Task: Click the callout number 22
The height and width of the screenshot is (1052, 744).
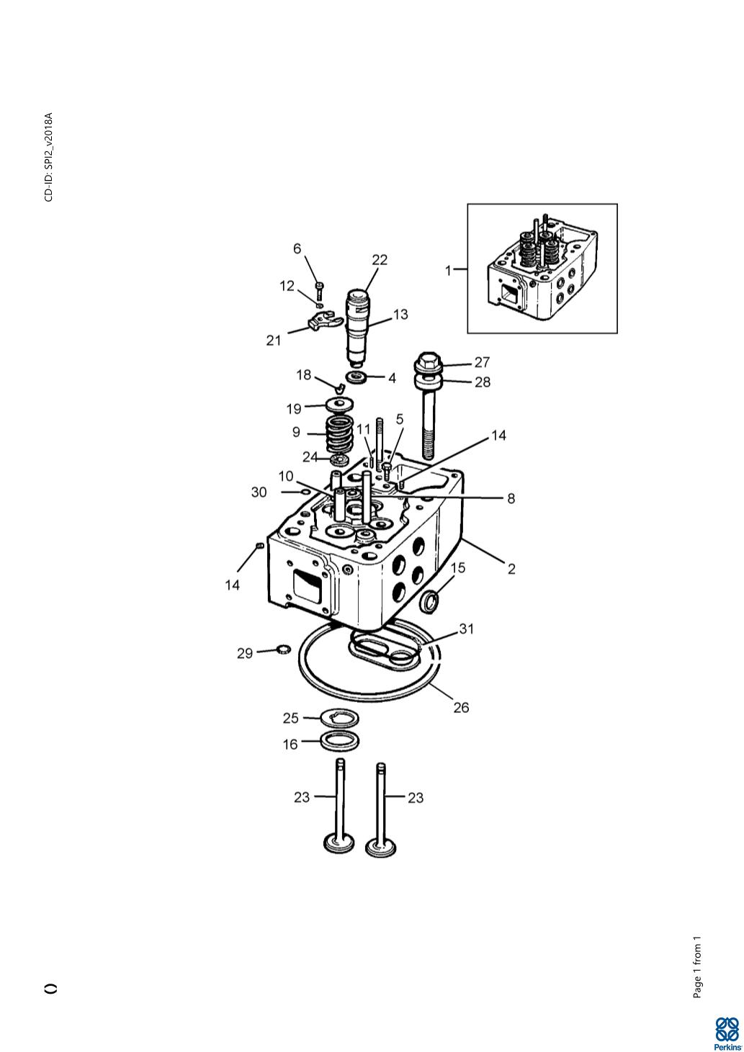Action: [x=379, y=260]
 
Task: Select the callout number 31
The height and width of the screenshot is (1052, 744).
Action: [x=466, y=628]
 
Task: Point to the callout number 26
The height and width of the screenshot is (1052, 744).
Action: [x=461, y=707]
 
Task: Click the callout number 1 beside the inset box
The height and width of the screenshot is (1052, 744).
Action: [x=447, y=270]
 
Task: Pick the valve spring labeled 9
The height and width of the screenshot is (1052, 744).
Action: [x=340, y=435]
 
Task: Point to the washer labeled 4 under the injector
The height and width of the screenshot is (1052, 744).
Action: [x=357, y=377]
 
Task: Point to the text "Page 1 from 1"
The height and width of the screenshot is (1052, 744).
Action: [x=697, y=967]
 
